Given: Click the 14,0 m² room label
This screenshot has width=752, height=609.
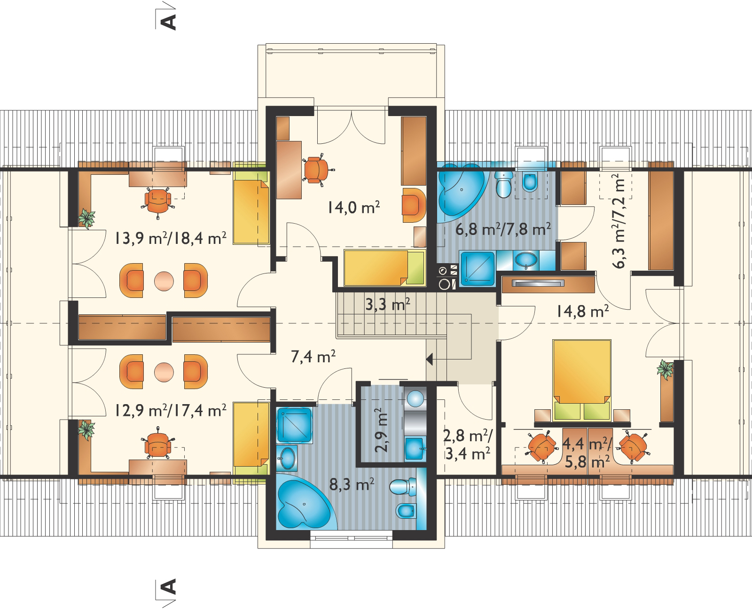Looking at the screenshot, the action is point(354,208).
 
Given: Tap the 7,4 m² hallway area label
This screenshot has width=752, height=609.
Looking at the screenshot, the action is point(313,357).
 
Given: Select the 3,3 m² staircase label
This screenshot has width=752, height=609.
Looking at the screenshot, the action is point(388,304).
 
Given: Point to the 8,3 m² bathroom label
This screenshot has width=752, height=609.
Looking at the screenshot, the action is point(352,485).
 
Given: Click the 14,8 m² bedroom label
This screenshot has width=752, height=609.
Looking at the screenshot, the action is point(582,312).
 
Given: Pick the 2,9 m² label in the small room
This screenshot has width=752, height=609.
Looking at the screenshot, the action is point(381,430).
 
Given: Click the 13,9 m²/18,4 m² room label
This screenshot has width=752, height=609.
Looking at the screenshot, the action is point(171,238).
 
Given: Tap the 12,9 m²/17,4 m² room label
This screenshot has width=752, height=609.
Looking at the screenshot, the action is point(171,410).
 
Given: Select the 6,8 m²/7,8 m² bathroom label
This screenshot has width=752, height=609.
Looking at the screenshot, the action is point(503,229).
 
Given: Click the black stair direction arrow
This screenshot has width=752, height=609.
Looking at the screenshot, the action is point(430,360).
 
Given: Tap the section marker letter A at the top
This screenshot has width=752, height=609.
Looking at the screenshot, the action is point(168,22).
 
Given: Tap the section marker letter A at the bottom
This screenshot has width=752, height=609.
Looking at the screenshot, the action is point(168,587).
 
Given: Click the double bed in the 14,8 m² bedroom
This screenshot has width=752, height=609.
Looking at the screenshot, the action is point(582,381).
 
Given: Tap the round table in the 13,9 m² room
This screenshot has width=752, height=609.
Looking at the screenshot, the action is point(164,281).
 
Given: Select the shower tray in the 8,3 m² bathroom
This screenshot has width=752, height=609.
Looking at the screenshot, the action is point(294,425).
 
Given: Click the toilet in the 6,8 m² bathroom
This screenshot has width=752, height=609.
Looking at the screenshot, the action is point(503,184).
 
